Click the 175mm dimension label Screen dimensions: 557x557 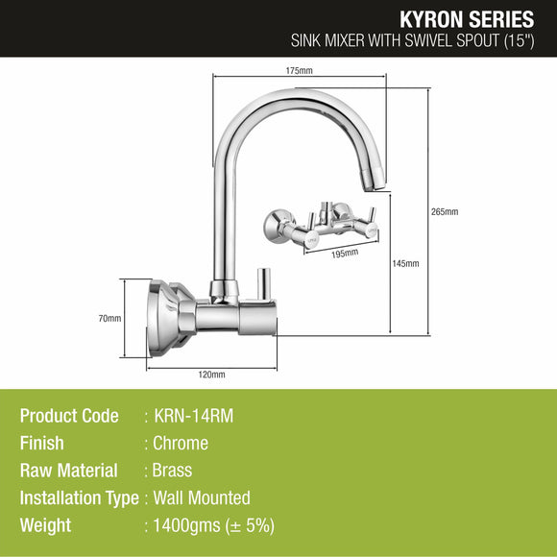[x=300, y=70]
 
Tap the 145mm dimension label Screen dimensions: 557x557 [x=406, y=263]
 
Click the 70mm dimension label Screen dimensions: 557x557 [x=109, y=318]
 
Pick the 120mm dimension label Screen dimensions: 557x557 [x=211, y=375]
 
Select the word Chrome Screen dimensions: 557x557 [x=181, y=444]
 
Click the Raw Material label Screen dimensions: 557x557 [x=68, y=471]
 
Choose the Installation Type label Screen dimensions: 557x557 [x=80, y=498]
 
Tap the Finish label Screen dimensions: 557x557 [x=41, y=444]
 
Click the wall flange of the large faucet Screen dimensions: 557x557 [x=161, y=317]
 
